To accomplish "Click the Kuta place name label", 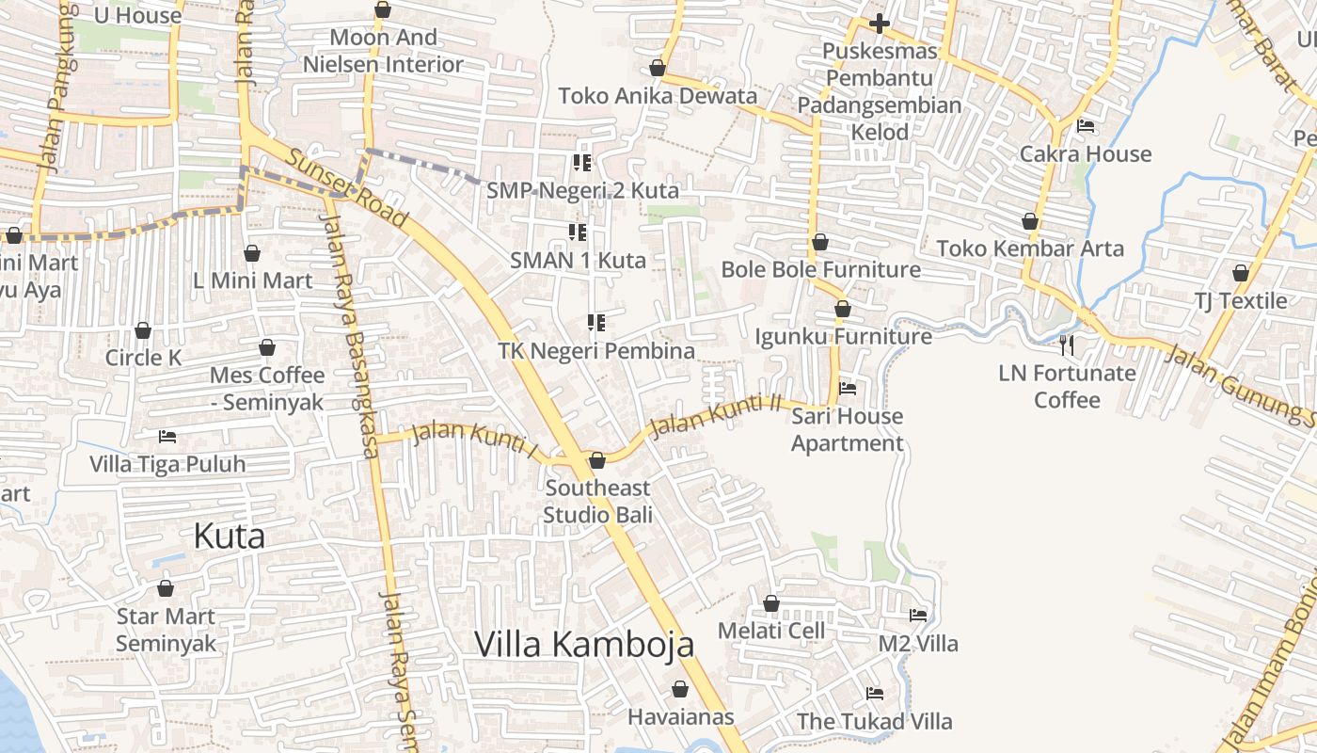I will tap(229, 537).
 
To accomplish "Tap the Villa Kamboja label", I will tap(584, 644).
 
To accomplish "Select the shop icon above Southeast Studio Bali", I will tap(596, 460).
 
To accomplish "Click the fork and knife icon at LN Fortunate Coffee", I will tap(1067, 345).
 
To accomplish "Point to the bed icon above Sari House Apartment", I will tap(847, 388).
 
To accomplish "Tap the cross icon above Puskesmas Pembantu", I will tap(879, 23).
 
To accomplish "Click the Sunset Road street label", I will tap(348, 189).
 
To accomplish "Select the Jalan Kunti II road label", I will tap(717, 415).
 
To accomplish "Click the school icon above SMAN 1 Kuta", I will tap(578, 232).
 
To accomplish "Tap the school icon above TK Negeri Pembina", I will tap(595, 323).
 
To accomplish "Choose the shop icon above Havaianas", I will tap(679, 689).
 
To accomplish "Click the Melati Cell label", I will tap(771, 630).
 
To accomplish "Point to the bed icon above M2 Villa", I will tap(917, 616).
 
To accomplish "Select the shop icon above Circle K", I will tap(143, 330).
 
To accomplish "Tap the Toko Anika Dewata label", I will tap(658, 96).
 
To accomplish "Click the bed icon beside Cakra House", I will tap(1086, 126).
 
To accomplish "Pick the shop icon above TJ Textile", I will tap(1240, 273).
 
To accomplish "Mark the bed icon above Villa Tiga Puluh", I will tap(167, 437).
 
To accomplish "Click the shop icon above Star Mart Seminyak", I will tap(166, 589).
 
